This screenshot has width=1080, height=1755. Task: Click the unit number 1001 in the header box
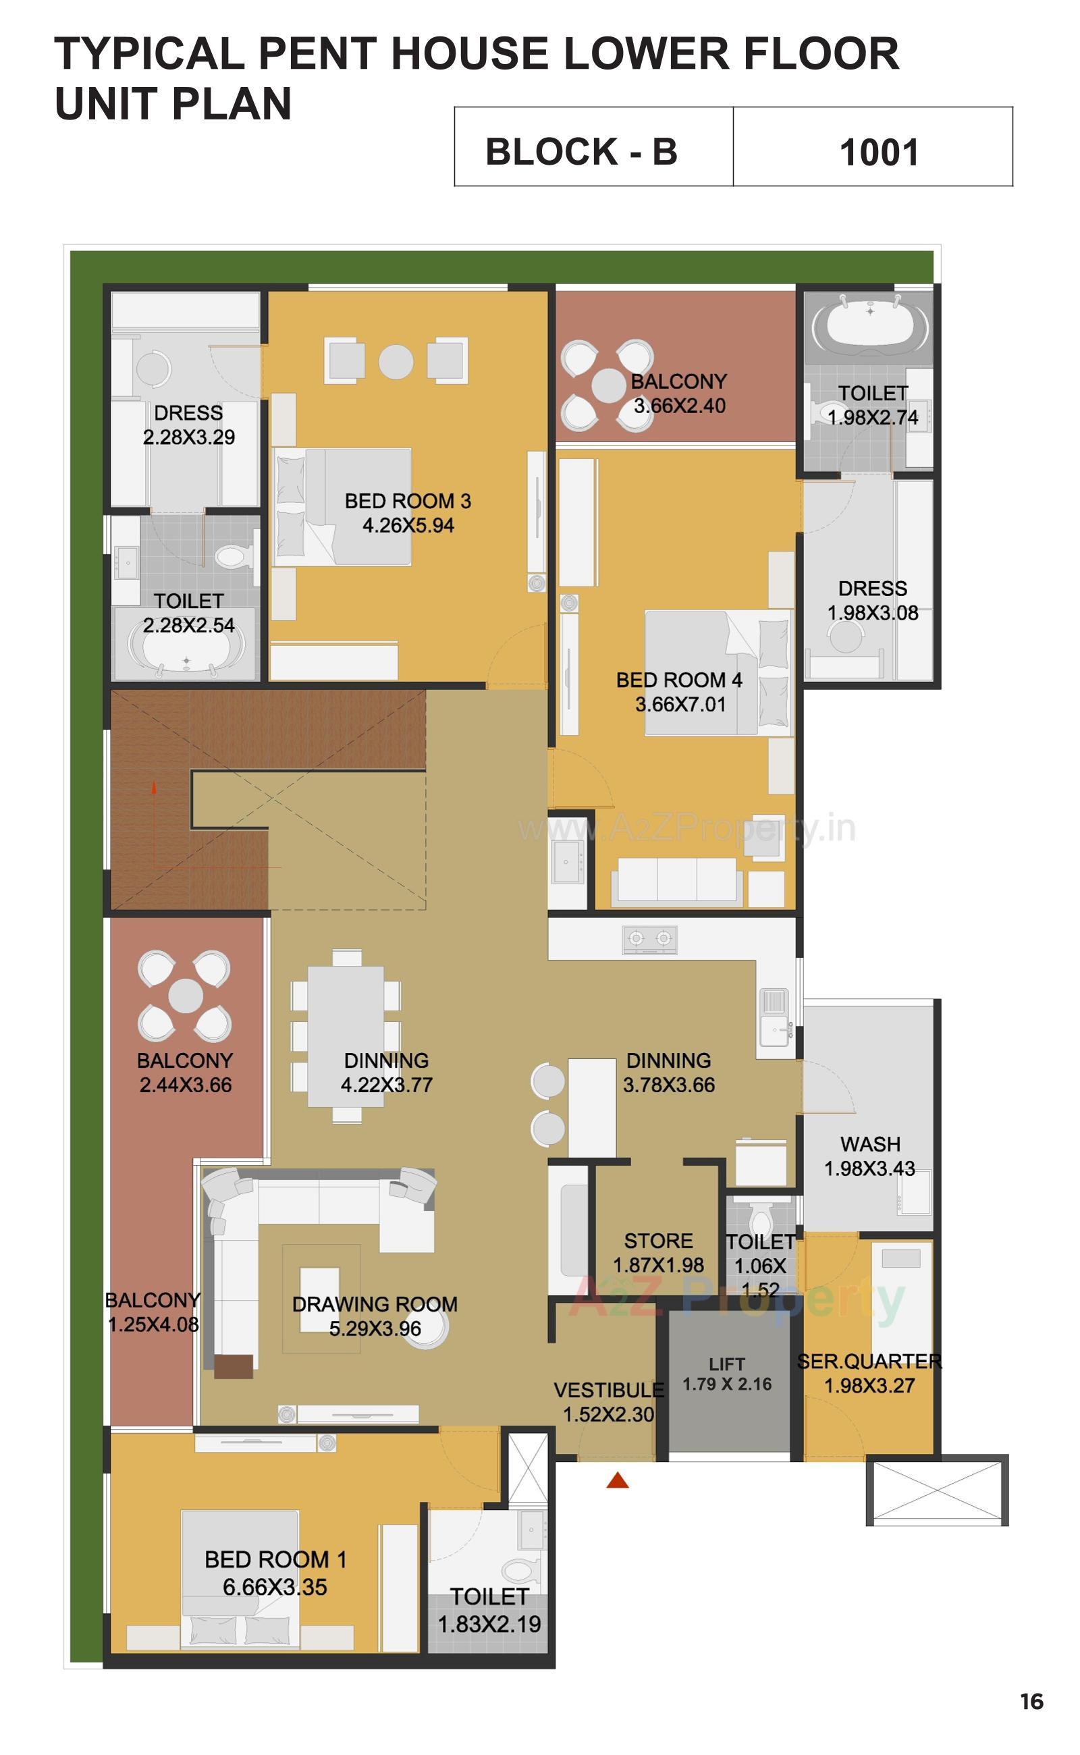(x=879, y=152)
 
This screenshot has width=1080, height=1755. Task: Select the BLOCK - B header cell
(x=581, y=151)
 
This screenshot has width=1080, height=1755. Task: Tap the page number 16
(x=1031, y=1702)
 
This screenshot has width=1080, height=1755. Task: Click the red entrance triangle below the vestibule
(x=617, y=1481)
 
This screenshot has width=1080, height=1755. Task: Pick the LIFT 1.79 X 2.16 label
(x=727, y=1374)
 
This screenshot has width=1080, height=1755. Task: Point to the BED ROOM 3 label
(x=407, y=502)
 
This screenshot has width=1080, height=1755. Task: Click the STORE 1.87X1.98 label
(x=659, y=1253)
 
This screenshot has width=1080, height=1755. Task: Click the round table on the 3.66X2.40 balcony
(x=609, y=385)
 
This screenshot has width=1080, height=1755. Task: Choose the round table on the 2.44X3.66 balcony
(x=186, y=996)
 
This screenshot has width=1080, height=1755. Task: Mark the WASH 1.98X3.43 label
(x=869, y=1156)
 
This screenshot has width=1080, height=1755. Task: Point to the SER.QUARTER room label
(x=869, y=1361)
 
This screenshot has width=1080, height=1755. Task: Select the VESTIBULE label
(x=609, y=1390)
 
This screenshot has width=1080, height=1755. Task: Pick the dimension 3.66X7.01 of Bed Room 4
(x=680, y=704)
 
